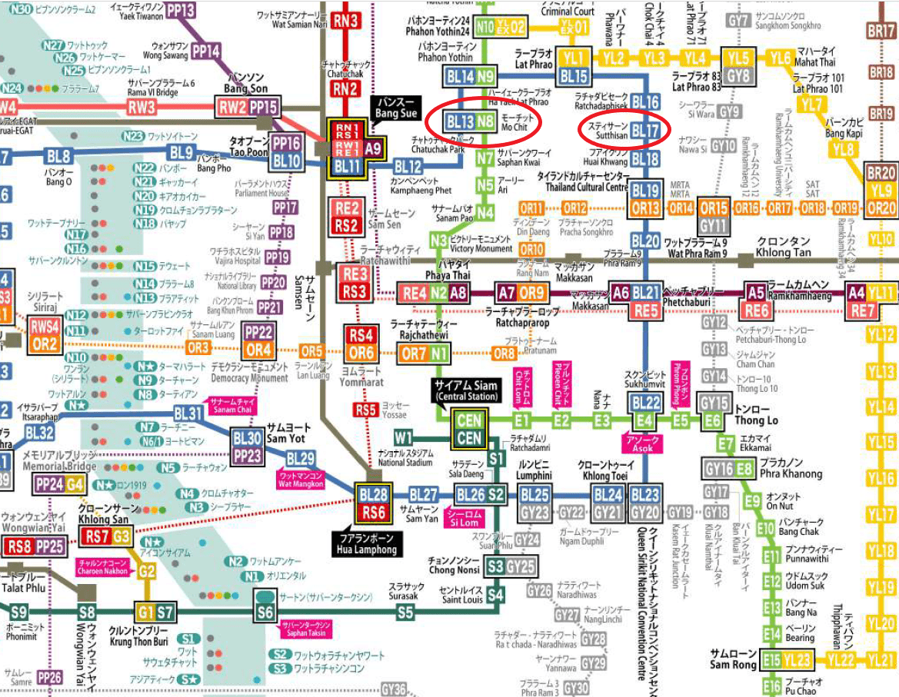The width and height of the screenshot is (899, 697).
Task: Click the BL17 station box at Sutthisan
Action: (645, 131)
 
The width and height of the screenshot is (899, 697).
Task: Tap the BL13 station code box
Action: (461, 121)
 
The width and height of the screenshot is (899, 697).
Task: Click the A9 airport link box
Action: (373, 148)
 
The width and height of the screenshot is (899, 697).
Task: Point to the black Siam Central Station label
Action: (467, 390)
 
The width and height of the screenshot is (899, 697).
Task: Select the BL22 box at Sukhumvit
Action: (645, 402)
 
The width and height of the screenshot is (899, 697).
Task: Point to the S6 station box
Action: (265, 612)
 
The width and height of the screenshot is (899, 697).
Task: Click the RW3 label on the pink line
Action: (142, 107)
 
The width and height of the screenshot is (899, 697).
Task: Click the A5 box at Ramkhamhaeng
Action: (757, 292)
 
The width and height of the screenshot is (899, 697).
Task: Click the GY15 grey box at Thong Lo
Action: (714, 403)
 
